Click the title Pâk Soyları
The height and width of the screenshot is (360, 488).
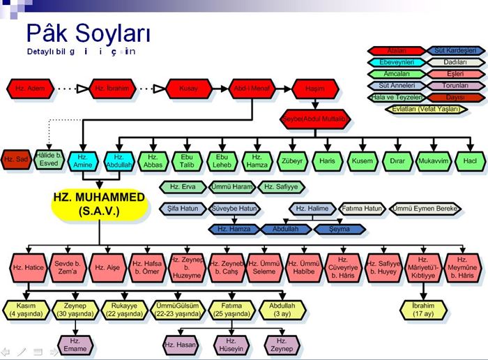click(88, 33)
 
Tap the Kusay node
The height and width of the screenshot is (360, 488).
click(189, 89)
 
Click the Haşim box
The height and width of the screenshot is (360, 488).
click(314, 89)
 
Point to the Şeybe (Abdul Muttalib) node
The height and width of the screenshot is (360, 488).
click(314, 119)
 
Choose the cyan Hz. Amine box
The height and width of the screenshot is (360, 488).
click(83, 160)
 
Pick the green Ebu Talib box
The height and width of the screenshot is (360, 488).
click(186, 160)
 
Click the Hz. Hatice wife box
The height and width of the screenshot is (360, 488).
click(28, 267)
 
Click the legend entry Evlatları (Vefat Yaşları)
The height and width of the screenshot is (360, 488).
click(425, 109)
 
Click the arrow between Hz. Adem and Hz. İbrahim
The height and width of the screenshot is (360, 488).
click(71, 89)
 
